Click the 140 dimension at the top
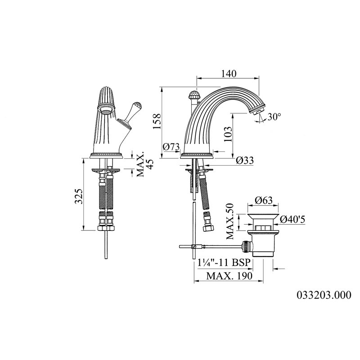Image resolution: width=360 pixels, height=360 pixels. (229, 74)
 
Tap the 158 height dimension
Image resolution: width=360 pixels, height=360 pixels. (157, 121)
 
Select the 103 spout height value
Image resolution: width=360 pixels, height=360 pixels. (228, 134)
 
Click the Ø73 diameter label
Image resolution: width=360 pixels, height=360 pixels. (171, 147)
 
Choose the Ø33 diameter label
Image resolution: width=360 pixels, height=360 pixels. (245, 161)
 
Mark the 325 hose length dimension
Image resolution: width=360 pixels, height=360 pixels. (79, 196)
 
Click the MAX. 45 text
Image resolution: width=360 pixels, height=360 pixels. (144, 164)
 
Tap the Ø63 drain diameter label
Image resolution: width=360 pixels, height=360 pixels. (264, 200)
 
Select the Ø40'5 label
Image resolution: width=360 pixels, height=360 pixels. (292, 220)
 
